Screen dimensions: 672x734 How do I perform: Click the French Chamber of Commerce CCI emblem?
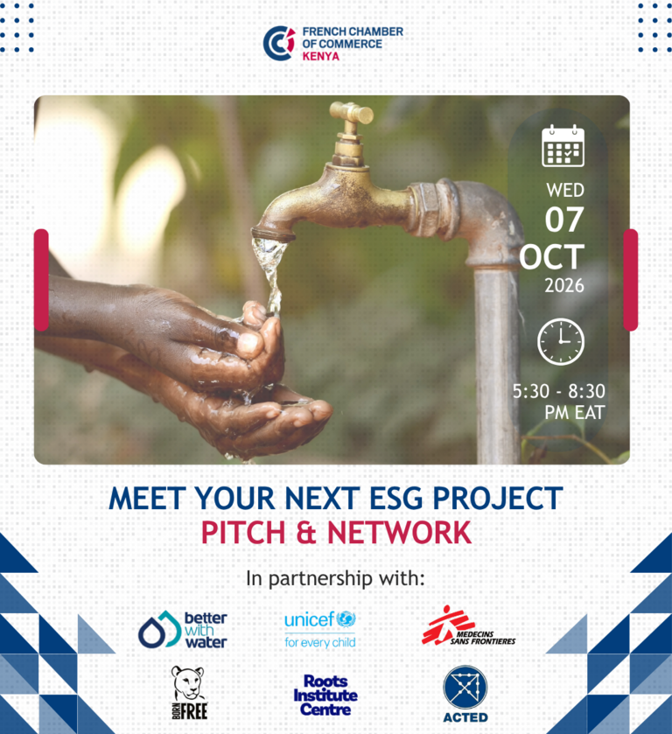(279, 43)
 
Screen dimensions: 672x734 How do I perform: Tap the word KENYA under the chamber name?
(321, 56)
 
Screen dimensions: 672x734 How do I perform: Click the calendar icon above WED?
(563, 145)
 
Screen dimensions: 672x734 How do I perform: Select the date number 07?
(564, 220)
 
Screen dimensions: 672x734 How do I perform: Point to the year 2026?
(564, 285)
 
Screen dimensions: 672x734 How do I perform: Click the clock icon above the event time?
(561, 342)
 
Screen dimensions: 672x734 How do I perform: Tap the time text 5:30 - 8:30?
(558, 391)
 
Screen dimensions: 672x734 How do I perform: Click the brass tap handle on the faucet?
(351, 112)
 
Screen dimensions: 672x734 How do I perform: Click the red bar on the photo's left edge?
(41, 280)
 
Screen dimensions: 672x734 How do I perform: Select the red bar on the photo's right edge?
(631, 280)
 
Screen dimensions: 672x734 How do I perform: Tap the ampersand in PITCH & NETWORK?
(306, 533)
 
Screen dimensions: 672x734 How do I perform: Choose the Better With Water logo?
(183, 630)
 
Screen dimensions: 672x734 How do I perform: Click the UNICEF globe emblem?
(346, 619)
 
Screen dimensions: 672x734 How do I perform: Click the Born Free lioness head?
(188, 684)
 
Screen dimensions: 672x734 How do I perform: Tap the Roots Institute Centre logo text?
(325, 696)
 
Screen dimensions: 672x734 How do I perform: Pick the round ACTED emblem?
(465, 687)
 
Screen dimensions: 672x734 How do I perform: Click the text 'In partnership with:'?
(335, 578)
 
